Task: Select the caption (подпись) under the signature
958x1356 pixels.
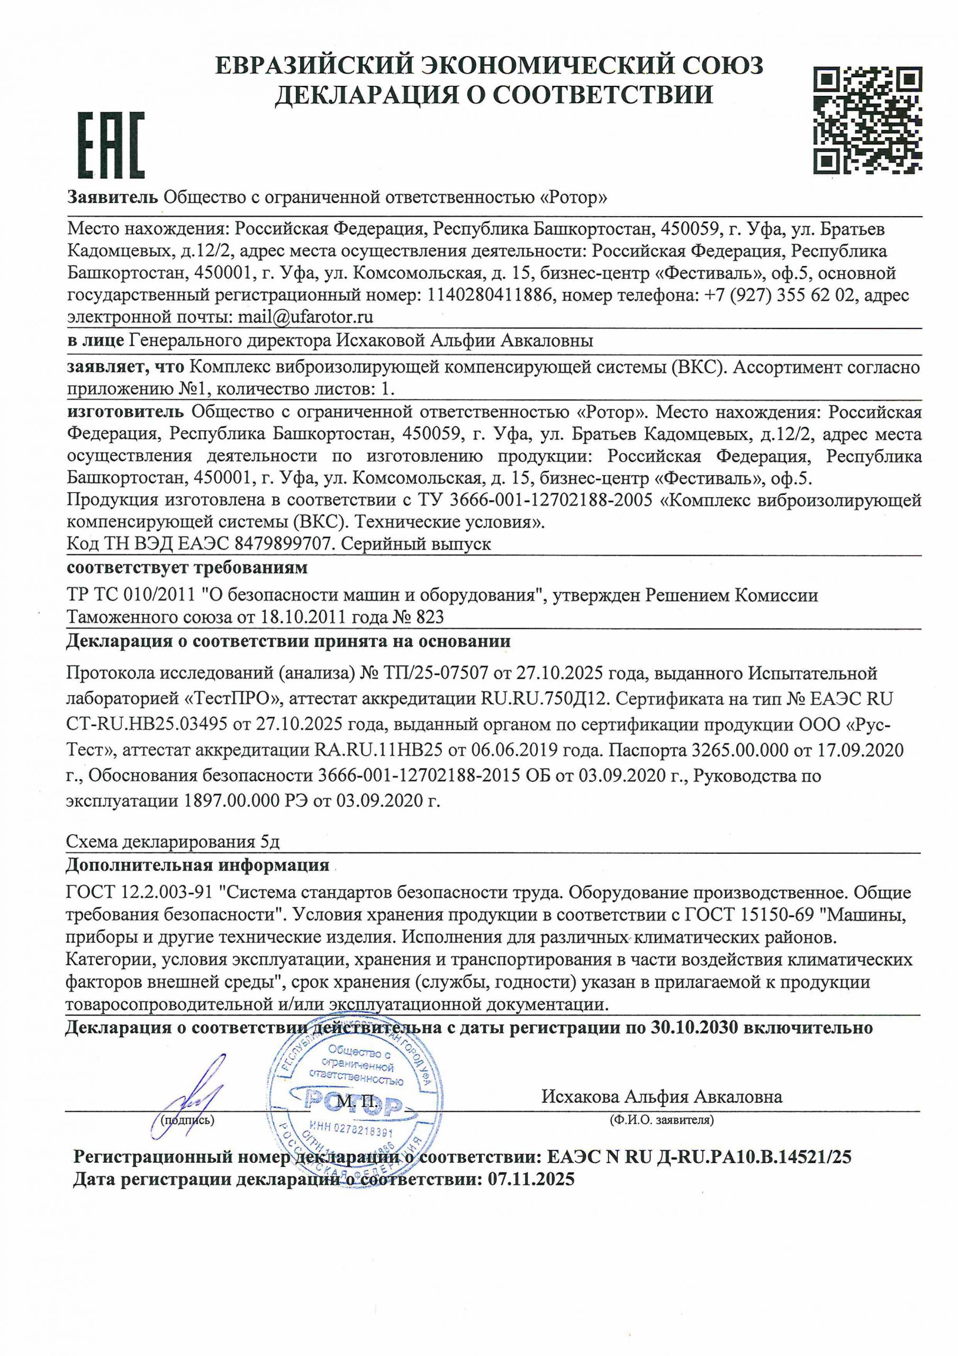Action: click(x=188, y=1119)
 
